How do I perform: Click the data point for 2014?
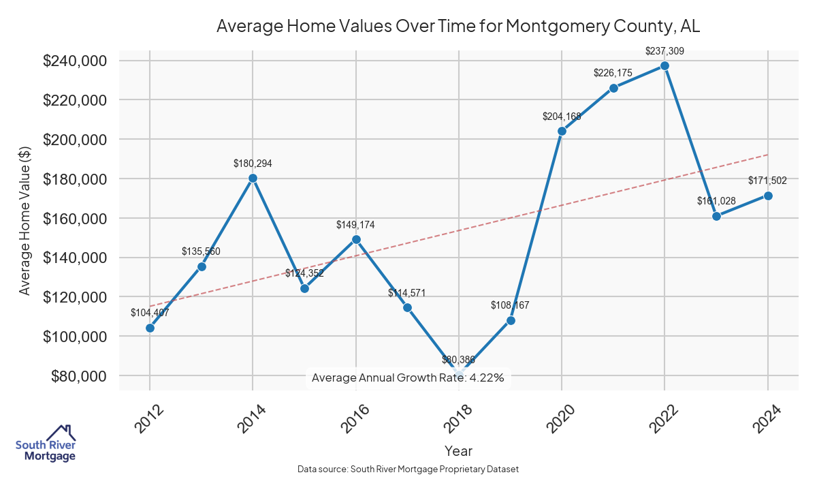coord(253,178)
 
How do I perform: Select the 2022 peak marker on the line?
coord(664,65)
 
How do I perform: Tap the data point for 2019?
coord(511,320)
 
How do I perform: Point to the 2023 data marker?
coord(716,216)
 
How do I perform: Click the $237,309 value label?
coord(664,50)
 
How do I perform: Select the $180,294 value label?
coord(253,164)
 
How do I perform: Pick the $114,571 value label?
coord(407,293)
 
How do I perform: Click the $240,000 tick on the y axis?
coord(74,61)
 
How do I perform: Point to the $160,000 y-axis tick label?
coord(74,218)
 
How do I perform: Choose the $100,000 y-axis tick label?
coord(74,337)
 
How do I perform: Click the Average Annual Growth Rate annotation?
coord(408,378)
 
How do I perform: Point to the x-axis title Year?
coord(458,450)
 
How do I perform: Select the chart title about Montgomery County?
coord(458,27)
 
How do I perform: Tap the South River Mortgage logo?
coord(46,444)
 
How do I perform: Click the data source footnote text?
coord(408,469)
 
